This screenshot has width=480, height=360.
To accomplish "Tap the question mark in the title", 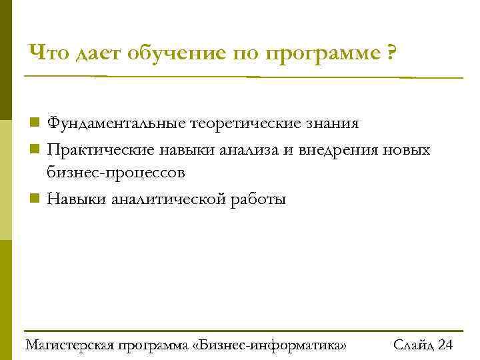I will pyautogui.click(x=389, y=51).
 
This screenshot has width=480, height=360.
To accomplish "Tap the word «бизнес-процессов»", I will pyautogui.click(x=116, y=173).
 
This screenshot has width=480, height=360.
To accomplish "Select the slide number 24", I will pyautogui.click(x=446, y=345).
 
